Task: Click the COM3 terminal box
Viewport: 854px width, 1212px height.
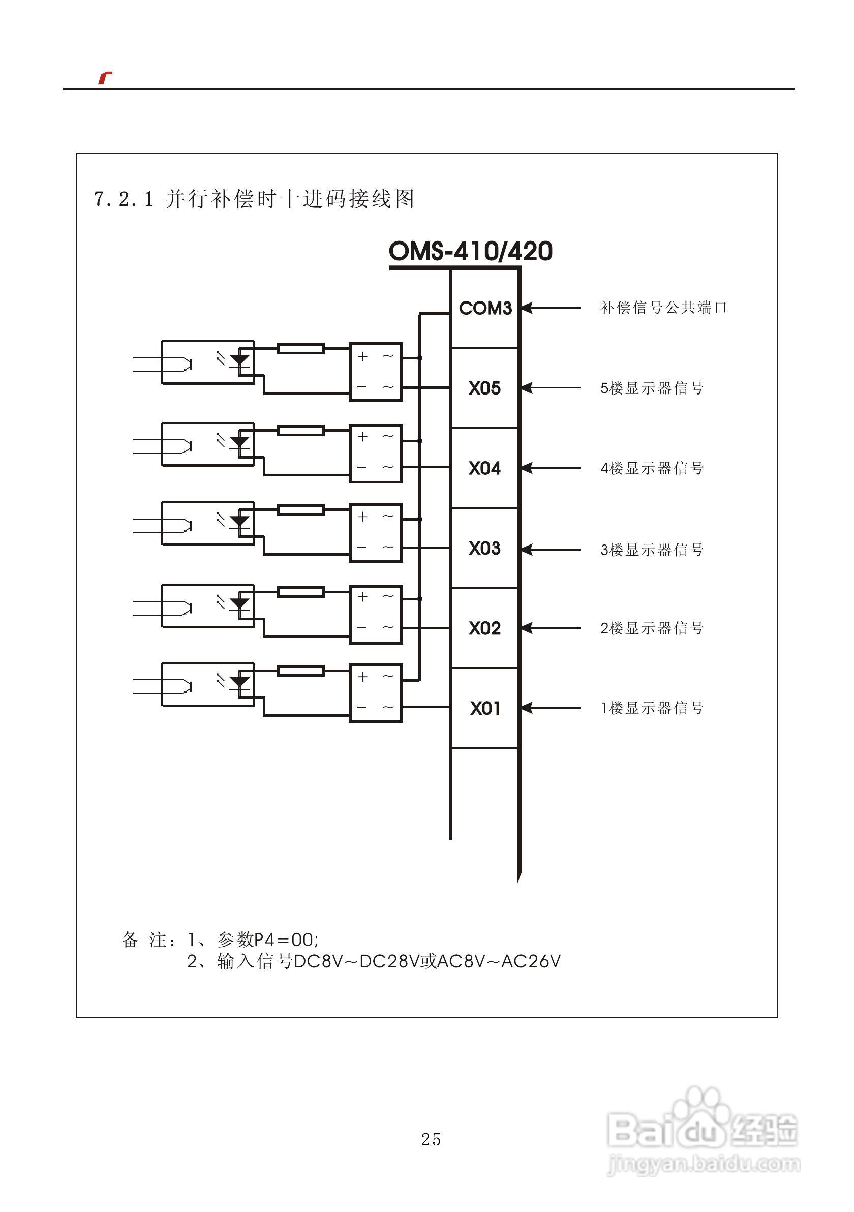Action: [484, 308]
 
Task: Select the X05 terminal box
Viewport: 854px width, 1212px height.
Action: [484, 388]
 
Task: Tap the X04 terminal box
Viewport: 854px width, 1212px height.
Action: [484, 468]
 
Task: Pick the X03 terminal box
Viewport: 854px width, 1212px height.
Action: [484, 548]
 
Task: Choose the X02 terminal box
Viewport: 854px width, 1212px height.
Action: [484, 628]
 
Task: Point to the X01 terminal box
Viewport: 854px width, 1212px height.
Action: [484, 708]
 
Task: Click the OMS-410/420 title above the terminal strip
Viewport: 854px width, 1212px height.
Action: [470, 251]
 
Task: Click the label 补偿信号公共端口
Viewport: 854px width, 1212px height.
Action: [663, 308]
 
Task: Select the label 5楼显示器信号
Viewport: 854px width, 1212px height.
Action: [652, 388]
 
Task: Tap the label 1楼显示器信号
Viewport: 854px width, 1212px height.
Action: [652, 708]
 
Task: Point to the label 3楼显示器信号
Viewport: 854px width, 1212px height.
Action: [652, 550]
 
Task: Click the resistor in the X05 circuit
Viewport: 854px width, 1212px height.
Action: [300, 348]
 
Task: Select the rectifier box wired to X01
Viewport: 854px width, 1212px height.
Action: [376, 692]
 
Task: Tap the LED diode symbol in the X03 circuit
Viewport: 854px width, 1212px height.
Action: [240, 522]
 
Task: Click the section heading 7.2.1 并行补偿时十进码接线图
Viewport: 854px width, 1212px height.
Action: [254, 199]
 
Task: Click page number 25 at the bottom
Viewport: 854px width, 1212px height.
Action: [431, 1140]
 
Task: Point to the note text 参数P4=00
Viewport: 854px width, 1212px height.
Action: [267, 940]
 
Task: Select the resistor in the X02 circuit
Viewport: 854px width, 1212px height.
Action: [300, 592]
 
